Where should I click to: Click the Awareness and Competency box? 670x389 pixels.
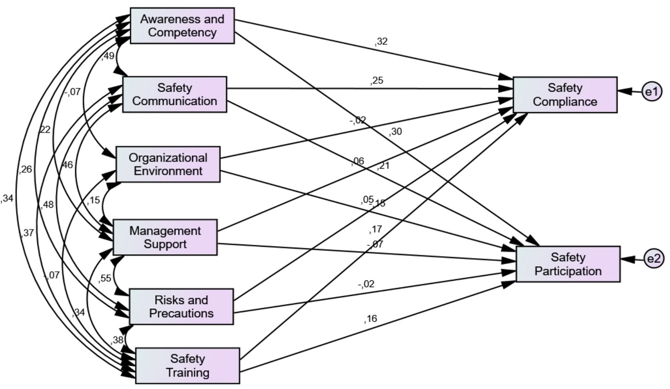coord(182,26)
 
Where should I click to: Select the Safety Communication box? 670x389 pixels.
coord(175,94)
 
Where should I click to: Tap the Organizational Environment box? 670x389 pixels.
coord(168,164)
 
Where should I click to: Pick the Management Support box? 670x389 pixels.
coord(165,237)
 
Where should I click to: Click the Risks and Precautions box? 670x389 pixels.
coord(181,307)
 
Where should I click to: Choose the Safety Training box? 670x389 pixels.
coord(188,365)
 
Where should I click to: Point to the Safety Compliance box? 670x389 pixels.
coord(565,95)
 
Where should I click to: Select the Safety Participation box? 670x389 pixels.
coord(568,264)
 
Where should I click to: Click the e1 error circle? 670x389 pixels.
coord(652,91)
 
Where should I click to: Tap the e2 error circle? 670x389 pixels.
coord(654,259)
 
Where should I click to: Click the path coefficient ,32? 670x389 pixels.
coord(381,41)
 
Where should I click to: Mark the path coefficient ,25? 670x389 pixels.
coord(377,80)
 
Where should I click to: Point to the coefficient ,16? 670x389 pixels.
coord(371,318)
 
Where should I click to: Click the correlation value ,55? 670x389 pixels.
coord(105,278)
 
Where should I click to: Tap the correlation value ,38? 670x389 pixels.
coord(117,340)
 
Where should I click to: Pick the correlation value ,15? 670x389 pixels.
coord(93,200)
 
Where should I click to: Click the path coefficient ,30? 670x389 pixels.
coord(395,131)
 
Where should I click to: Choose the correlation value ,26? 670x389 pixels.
coord(25,169)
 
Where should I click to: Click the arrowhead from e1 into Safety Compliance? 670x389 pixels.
coord(624,91)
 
